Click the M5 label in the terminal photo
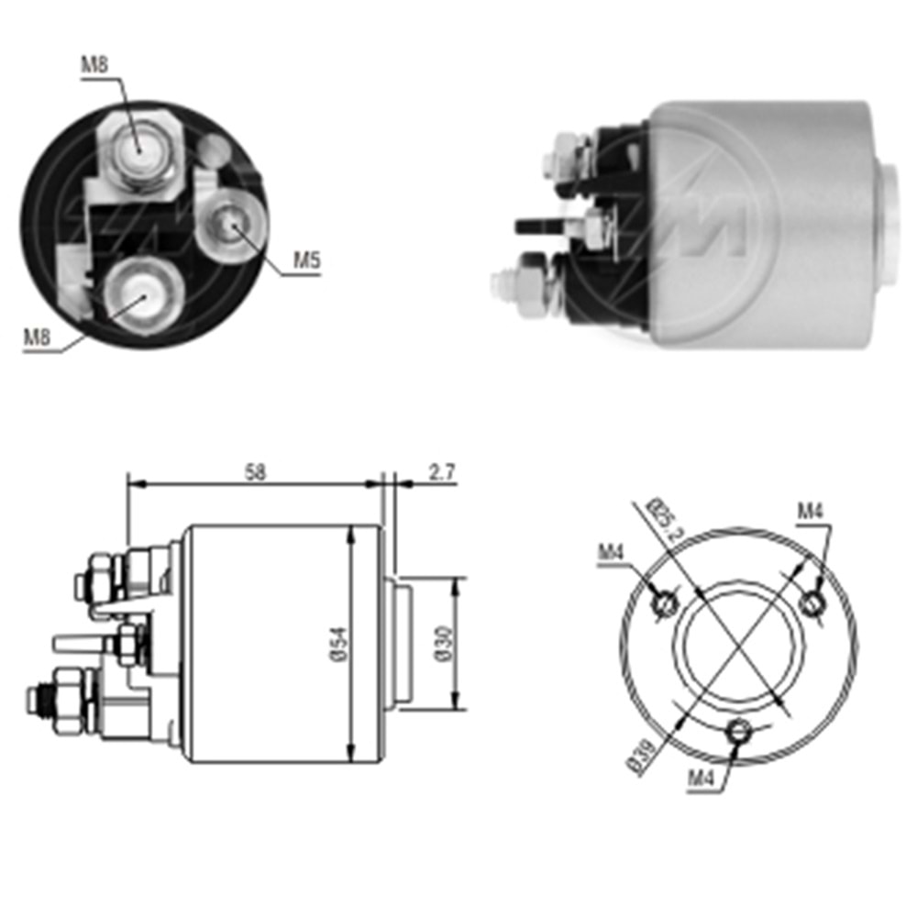click(306, 261)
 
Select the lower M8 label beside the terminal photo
click(36, 337)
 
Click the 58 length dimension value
click(255, 472)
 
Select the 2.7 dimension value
click(442, 472)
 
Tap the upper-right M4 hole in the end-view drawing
click(811, 602)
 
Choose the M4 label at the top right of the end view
click(811, 512)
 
